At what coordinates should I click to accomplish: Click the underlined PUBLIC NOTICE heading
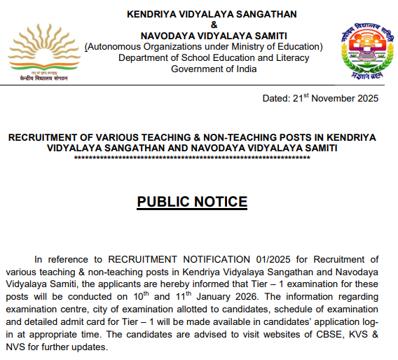(x=192, y=202)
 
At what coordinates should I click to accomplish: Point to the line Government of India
(x=214, y=69)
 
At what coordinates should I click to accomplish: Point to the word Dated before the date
(x=275, y=98)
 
